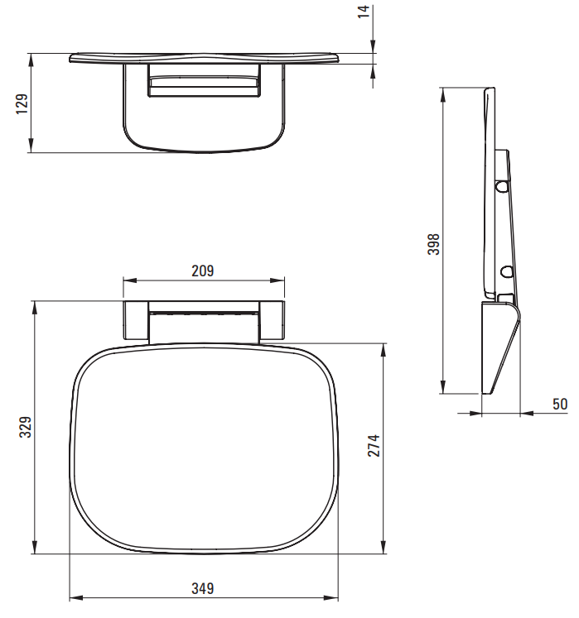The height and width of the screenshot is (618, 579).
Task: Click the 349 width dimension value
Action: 203,588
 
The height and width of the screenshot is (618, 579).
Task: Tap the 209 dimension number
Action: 203,271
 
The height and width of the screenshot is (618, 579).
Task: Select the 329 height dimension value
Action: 26,427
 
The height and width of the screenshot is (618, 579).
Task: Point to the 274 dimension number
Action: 374,446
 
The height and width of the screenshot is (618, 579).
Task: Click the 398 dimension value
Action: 433,244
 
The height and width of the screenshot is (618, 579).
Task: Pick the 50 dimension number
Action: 560,404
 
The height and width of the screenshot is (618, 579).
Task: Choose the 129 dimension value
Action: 22,104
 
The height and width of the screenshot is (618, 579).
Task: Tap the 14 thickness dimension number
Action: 364,12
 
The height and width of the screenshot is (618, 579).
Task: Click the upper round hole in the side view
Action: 502,186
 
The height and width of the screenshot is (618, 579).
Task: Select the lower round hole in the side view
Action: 506,271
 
